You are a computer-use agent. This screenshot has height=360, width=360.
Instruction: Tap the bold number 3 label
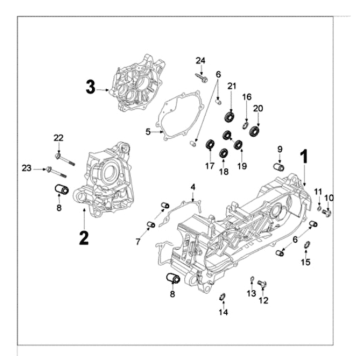click(x=90, y=88)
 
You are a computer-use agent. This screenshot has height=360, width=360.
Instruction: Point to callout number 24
click(x=200, y=63)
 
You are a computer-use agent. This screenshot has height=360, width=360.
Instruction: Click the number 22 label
click(x=58, y=137)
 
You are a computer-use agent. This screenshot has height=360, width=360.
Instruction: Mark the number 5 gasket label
click(x=147, y=131)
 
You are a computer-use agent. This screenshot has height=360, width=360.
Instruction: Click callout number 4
click(x=192, y=187)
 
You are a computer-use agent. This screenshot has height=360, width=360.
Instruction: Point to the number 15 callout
click(x=306, y=262)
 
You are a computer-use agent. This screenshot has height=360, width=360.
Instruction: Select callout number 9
click(x=280, y=149)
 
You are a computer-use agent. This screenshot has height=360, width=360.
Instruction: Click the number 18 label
click(x=224, y=172)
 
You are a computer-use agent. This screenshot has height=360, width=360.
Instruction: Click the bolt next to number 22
click(x=62, y=155)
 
